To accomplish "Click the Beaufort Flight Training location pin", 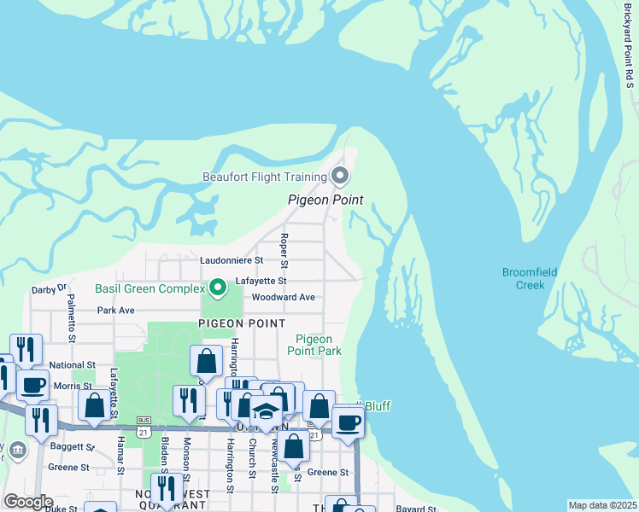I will (x=340, y=177).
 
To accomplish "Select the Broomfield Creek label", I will (x=530, y=278).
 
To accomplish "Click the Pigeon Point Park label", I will (x=314, y=345).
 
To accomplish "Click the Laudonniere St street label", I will (x=232, y=259).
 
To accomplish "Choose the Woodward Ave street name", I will (x=284, y=297).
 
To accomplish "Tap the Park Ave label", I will (x=116, y=311).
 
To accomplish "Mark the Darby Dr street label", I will (x=49, y=288).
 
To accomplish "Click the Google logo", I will (x=28, y=502).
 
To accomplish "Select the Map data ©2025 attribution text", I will (x=602, y=505).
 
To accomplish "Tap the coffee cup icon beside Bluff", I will (x=348, y=423).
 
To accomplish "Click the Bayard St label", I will (x=416, y=509).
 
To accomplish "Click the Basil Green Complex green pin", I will (x=217, y=288).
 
